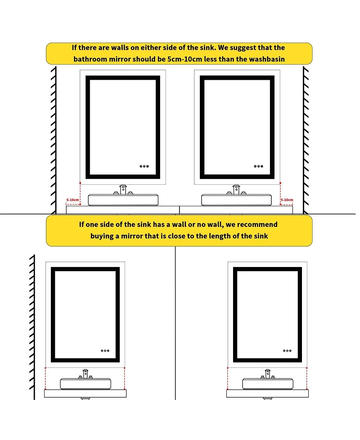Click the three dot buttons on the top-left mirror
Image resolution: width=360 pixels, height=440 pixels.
coord(144,166)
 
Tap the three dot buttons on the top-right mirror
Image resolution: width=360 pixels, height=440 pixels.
coord(258,166)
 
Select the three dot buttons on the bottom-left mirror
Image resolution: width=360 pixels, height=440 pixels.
coord(106,350)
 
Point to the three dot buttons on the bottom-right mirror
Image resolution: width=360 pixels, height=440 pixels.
coord(287,350)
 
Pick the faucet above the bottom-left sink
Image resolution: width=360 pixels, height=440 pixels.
coord(85,373)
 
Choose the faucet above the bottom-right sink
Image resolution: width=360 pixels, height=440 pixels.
coord(267,373)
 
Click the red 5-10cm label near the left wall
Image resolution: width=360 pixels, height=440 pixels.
coord(72,200)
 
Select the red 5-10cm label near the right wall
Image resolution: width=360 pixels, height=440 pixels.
coord(287,200)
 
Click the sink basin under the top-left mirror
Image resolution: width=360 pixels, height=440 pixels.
coord(123,200)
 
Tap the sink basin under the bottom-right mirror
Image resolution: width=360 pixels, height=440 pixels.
coord(267,384)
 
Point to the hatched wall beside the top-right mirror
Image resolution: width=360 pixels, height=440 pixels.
coord(306,140)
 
